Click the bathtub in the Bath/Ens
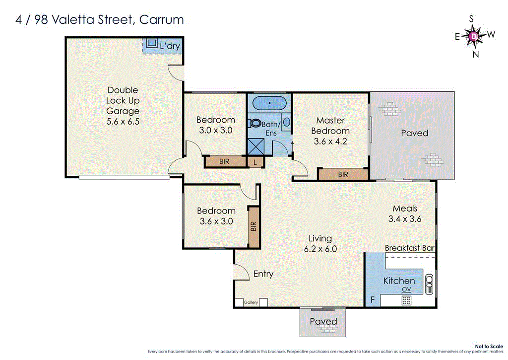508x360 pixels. (269, 103)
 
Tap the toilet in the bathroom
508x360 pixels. (254, 123)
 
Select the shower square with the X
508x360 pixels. (256, 146)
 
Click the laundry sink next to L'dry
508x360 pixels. (152, 43)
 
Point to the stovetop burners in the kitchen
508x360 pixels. (406, 300)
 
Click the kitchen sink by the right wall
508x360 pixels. (429, 285)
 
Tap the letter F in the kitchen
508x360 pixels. (373, 300)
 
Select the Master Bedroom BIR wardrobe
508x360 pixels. (343, 174)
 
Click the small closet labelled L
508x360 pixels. (255, 162)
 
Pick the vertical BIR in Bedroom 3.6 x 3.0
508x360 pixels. (254, 226)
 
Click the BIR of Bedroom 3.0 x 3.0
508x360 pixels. (225, 161)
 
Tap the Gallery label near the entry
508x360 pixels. (251, 302)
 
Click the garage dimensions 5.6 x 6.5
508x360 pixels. (123, 122)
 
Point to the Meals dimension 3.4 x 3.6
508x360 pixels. (405, 219)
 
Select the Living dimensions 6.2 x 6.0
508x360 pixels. (320, 249)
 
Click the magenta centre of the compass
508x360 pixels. (474, 36)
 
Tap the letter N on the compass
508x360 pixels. (476, 55)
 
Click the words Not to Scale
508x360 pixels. (489, 347)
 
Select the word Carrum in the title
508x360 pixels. (161, 19)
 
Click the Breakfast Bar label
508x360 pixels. (409, 248)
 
